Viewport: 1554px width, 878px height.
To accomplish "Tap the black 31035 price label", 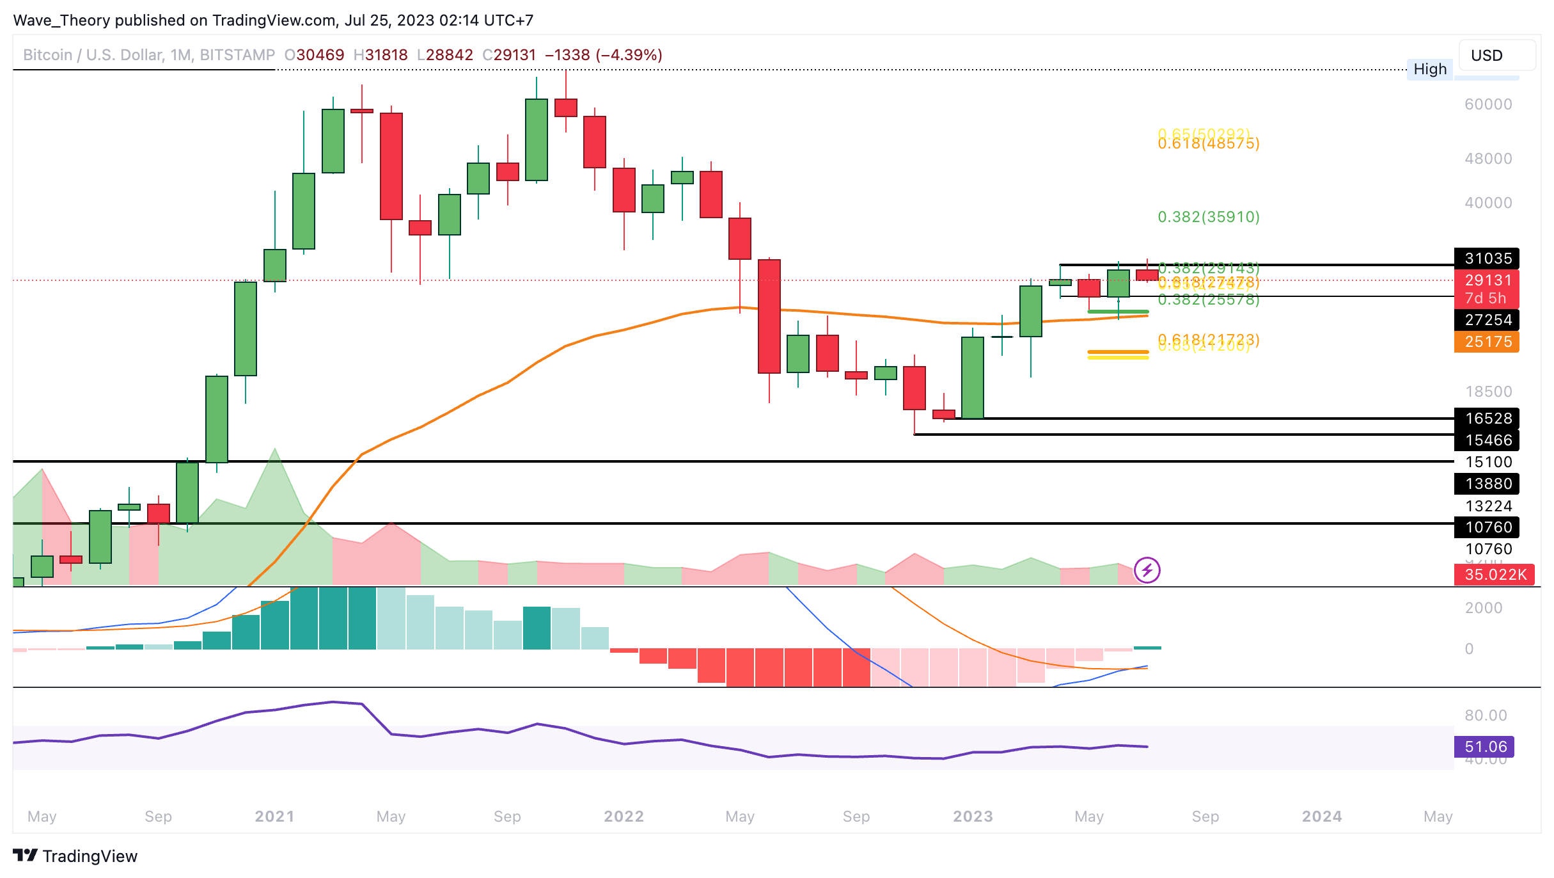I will click(1487, 259).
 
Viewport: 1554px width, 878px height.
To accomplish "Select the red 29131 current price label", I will click(1487, 280).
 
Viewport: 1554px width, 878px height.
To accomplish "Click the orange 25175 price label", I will click(1487, 342).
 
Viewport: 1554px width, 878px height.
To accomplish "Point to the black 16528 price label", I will click(1487, 419).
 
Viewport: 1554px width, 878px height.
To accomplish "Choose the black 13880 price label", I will click(1487, 484).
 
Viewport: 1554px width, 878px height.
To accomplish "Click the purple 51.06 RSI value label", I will click(1485, 747).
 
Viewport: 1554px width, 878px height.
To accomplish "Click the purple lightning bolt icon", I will click(1147, 570).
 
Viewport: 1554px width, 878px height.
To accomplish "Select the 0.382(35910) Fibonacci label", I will click(1209, 217).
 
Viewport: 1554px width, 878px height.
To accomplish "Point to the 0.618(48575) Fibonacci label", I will click(1209, 144).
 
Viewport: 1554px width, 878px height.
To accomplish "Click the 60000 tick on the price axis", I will click(1488, 104).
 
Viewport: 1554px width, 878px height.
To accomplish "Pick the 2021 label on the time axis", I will click(274, 817).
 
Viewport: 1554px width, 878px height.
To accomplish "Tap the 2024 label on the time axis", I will click(1322, 817).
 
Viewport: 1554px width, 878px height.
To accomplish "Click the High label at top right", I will click(1430, 69).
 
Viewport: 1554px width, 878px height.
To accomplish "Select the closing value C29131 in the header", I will click(509, 55).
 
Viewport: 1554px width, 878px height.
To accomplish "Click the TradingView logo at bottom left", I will click(75, 856).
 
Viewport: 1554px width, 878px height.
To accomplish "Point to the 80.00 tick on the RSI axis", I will click(1486, 715).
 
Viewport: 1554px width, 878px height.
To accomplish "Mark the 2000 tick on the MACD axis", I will click(1484, 608).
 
